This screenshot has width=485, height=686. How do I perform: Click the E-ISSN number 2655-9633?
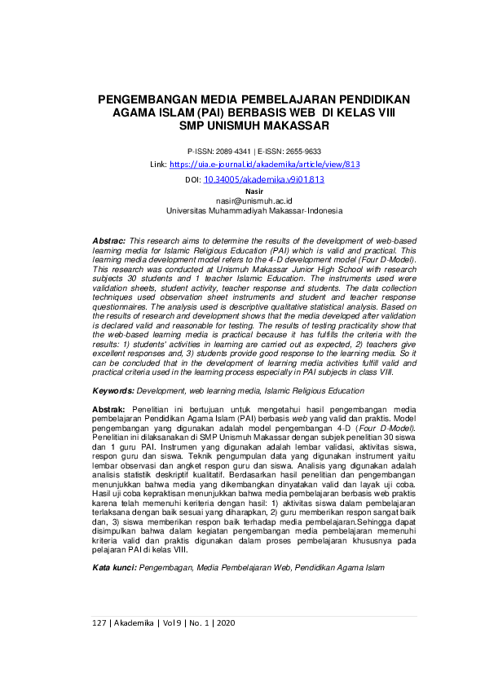(x=302, y=152)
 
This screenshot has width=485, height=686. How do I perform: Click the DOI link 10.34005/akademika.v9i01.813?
(x=264, y=179)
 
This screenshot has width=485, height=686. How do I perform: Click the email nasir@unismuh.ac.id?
(x=254, y=200)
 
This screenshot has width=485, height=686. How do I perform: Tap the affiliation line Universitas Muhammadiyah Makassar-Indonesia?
(x=254, y=210)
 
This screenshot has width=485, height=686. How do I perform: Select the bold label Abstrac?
(x=109, y=242)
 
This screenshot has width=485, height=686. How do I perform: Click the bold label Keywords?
(x=113, y=391)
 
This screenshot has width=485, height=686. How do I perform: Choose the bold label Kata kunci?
(x=115, y=566)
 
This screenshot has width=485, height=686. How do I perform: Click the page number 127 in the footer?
(x=99, y=622)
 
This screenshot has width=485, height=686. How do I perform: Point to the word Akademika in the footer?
(x=135, y=622)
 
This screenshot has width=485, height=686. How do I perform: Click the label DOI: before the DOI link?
(x=192, y=179)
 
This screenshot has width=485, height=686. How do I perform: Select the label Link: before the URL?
(x=159, y=165)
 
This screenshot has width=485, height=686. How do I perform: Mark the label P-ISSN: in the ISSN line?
(x=199, y=152)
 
